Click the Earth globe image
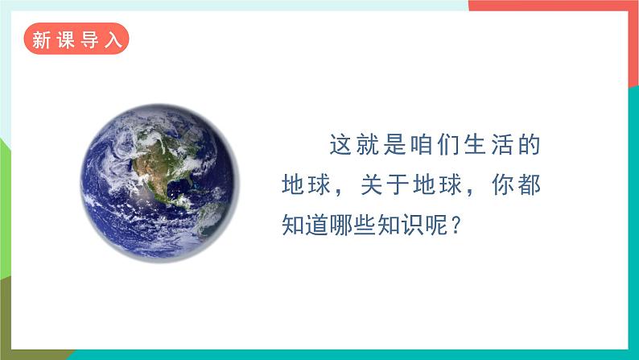click(160, 180)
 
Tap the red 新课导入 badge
click(76, 39)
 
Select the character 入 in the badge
click(113, 39)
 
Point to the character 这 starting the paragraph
click(341, 147)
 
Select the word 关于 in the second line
click(386, 185)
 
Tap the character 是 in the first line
click(395, 147)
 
